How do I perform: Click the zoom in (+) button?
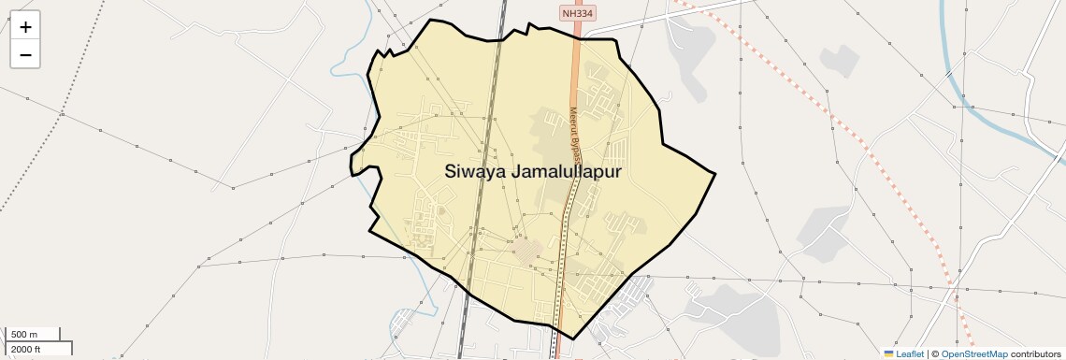coord(25,27)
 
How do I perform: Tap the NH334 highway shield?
coord(578,13)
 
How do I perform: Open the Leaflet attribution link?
coord(909,353)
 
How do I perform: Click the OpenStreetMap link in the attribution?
coord(973,353)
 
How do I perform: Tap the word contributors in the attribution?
coord(1035,353)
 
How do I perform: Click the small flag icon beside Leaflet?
coord(889,353)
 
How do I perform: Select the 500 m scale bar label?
coord(23,335)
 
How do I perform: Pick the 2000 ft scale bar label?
coord(25,349)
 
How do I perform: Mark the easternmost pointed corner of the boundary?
coord(714,173)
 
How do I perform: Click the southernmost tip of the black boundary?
coord(572,338)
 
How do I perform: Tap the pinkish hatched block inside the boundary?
coord(528,251)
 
